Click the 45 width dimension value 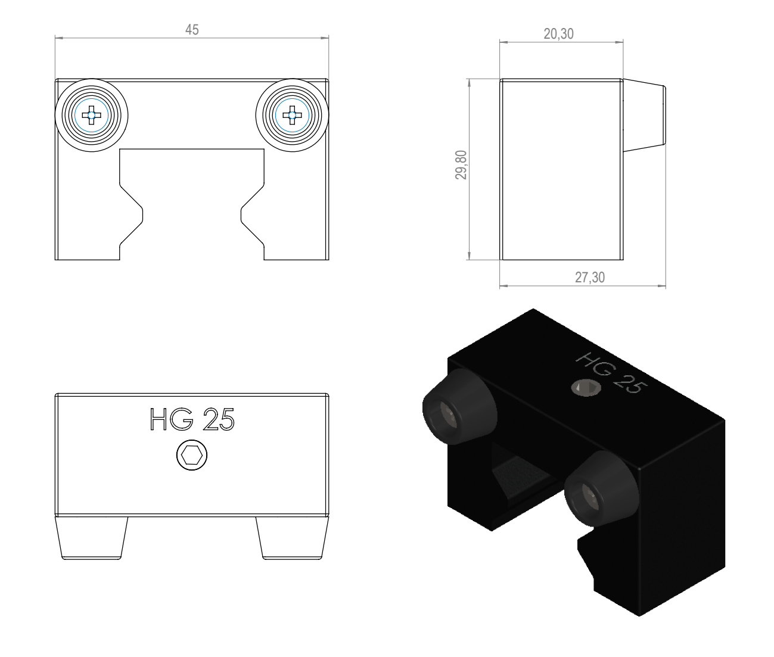point(192,30)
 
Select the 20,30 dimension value point(558,34)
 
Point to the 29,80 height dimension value point(461,165)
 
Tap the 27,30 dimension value point(590,278)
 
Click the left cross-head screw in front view point(91,116)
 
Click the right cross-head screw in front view point(292,116)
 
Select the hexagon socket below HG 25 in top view point(192,455)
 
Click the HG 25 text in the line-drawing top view point(192,419)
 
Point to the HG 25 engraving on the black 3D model point(611,372)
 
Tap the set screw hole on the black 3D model point(586,388)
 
